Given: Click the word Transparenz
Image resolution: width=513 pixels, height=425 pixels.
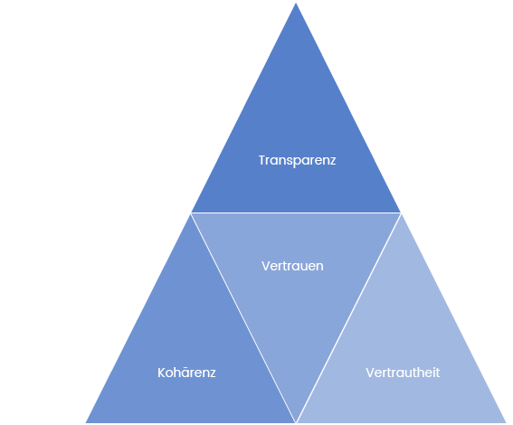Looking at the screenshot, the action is coord(297,161).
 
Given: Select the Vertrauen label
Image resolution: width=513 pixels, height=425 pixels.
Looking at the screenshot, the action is coord(292,266).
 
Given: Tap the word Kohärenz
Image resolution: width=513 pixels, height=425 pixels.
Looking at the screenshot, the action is coord(186,373).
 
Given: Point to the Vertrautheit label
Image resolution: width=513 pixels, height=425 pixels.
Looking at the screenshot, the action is coord(403,373).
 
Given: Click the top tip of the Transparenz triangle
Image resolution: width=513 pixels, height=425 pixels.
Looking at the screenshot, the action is coord(296,4).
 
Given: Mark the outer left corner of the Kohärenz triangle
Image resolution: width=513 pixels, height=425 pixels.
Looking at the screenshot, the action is coord(86,422).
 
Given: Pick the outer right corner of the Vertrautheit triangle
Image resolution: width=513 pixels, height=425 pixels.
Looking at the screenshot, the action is coord(506,422).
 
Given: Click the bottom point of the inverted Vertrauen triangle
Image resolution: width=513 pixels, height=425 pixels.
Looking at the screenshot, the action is coord(296,421).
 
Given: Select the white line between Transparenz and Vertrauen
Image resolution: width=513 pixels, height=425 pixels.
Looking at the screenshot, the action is coord(296,212).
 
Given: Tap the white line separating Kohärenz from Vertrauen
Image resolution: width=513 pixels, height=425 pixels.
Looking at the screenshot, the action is coord(243,317).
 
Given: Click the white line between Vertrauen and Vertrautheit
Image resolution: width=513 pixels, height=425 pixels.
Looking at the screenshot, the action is coord(348,317).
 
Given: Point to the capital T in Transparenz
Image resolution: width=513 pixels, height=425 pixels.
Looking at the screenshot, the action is coord(262,160).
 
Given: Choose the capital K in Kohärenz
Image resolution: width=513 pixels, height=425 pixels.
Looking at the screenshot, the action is coord(162,373).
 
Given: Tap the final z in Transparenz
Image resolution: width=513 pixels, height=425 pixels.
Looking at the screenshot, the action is coord(332,161).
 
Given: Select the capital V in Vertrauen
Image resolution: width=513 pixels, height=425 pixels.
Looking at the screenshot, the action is coord(266,266).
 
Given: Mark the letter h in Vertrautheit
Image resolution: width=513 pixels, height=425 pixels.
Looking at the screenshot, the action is coord(420,373).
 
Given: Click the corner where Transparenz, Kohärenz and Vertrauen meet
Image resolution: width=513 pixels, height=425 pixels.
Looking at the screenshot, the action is coord(192,212).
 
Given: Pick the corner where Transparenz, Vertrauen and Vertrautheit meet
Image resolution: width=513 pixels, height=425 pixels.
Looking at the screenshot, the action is coord(401,212).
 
